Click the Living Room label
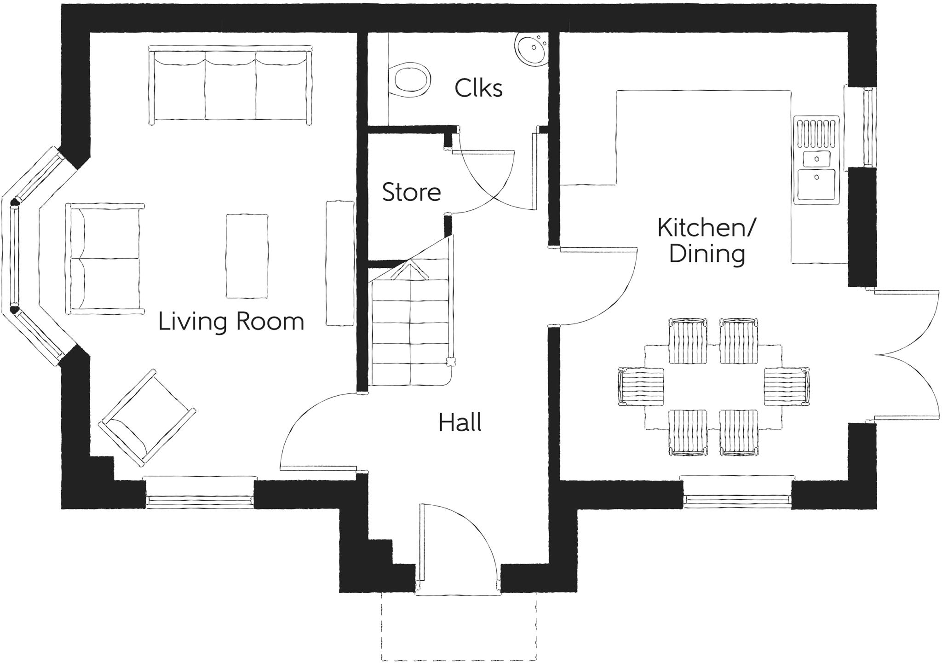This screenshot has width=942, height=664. point(231,322)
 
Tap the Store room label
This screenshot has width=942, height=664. point(411,192)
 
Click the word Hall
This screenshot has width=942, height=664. point(460,422)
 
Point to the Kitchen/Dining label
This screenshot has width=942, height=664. point(706,241)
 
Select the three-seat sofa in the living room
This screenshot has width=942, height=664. point(230,85)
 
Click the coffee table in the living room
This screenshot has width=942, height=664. point(247,256)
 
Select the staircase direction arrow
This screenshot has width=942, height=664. point(409,271)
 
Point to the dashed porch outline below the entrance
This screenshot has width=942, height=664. point(459,635)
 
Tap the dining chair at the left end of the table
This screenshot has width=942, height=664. point(641,387)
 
